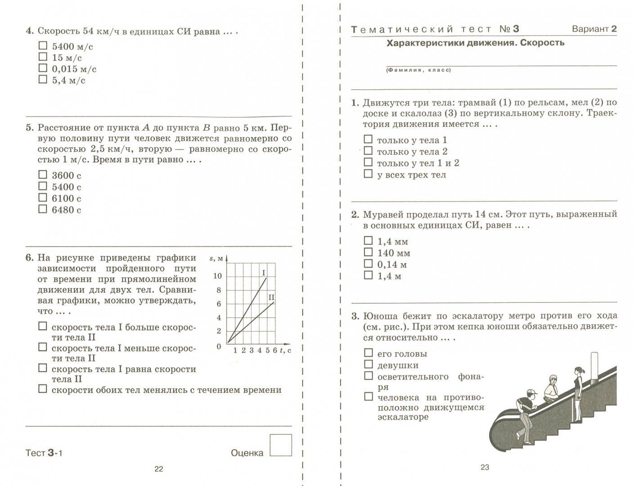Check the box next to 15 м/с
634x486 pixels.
tap(43, 57)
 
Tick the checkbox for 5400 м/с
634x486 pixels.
tap(43, 45)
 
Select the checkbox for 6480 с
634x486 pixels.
tap(43, 209)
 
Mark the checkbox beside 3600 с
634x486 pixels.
tap(43, 175)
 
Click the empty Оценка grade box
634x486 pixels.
tap(280, 445)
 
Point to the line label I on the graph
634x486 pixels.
tap(263, 273)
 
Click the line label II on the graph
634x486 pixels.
tap(271, 297)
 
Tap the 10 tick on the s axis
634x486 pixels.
tap(217, 276)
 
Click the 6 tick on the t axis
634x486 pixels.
tap(275, 351)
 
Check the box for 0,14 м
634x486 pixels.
tap(368, 264)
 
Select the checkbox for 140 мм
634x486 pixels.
tap(368, 252)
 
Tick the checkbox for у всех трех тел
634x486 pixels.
tap(368, 174)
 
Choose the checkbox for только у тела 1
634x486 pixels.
tap(368, 139)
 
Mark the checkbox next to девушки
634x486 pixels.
tap(368, 364)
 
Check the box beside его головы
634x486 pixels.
tap(368, 353)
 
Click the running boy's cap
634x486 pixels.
tap(531, 391)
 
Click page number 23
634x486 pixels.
tap(485, 467)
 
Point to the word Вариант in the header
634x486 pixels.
tap(590, 29)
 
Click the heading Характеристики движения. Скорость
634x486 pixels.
tap(476, 43)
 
